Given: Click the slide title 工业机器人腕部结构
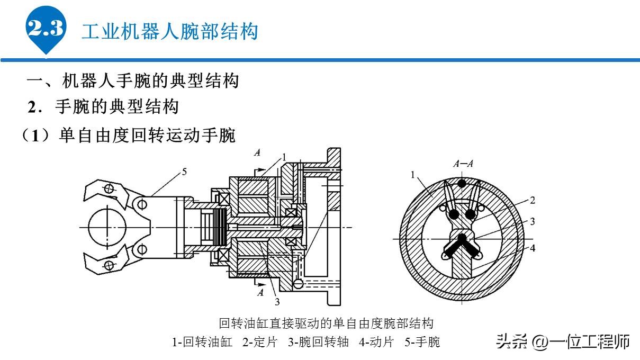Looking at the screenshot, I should point(169,31).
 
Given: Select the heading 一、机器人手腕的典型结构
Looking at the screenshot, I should point(133,81).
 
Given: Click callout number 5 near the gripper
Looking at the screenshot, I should point(184,171).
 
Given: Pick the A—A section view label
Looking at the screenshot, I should point(463,164).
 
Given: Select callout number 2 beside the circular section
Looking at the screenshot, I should point(532,200).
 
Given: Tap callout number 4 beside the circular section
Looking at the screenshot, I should point(532,247).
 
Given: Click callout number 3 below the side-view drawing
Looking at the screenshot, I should point(276,302).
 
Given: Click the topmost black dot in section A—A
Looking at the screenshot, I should point(462,183).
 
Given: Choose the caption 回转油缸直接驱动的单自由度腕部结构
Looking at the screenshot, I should point(326,323).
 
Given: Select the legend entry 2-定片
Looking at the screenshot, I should point(260,342).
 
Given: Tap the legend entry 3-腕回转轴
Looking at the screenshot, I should point(318,342).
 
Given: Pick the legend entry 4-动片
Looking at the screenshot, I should point(376,342).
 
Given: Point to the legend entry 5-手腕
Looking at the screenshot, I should point(422,342).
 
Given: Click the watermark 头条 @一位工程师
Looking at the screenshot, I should point(563,341).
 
